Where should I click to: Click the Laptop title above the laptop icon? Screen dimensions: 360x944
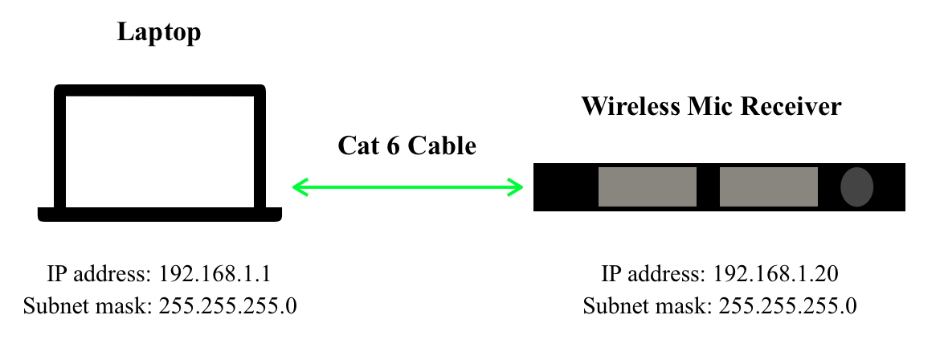pyautogui.click(x=159, y=33)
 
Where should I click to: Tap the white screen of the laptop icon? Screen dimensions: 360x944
pyautogui.click(x=159, y=149)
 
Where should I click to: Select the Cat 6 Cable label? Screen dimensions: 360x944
pyautogui.click(x=407, y=145)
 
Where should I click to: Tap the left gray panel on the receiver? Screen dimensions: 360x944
pyautogui.click(x=647, y=187)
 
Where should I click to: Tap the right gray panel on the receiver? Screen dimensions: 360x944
pyautogui.click(x=768, y=187)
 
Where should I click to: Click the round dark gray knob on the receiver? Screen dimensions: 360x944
pyautogui.click(x=856, y=187)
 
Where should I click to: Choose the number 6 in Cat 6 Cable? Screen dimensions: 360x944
pyautogui.click(x=395, y=145)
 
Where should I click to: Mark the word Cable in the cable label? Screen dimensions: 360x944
pyautogui.click(x=443, y=145)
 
